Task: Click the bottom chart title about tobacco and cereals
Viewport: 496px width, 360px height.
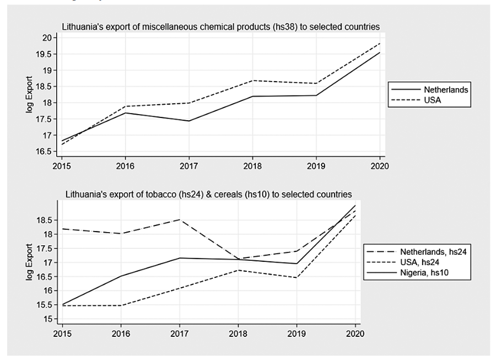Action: (208, 194)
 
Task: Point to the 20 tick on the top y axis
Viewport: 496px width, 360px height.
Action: (47, 37)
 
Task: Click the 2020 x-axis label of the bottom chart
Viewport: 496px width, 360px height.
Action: (355, 334)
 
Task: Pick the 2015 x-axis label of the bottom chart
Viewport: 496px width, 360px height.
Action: (62, 334)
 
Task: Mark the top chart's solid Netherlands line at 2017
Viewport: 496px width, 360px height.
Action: (189, 121)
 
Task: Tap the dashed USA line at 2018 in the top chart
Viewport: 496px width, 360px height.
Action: (252, 80)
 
